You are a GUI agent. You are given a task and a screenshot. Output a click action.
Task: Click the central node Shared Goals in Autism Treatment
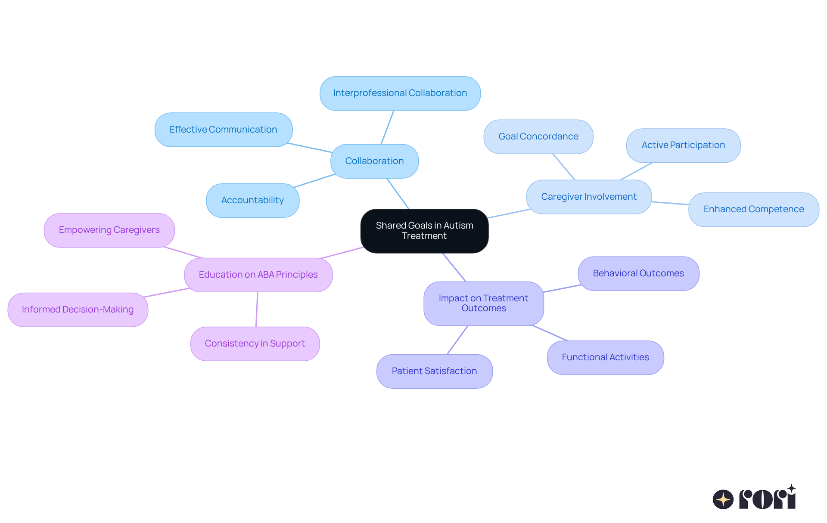tap(424, 231)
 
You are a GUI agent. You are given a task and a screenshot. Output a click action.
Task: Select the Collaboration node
tap(374, 161)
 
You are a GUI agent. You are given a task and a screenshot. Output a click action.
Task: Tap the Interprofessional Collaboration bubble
tap(400, 93)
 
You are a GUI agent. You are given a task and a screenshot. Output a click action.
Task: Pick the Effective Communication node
tap(223, 130)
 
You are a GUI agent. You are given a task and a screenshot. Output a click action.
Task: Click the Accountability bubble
tap(252, 200)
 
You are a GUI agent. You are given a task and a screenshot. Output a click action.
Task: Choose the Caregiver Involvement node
tap(588, 197)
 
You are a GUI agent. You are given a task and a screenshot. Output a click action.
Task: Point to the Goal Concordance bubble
tap(538, 136)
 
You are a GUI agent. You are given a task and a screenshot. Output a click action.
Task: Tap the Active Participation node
tap(683, 145)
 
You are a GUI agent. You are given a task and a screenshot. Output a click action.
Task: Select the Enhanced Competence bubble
tap(753, 209)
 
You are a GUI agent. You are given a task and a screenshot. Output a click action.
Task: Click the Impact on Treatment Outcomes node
tap(483, 303)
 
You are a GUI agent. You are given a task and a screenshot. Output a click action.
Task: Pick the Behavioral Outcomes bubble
tap(638, 273)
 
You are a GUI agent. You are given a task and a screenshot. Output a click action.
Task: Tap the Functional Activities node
tap(605, 357)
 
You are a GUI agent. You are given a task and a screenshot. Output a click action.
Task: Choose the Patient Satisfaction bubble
tap(434, 371)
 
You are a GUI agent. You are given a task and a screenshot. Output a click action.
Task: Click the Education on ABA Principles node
tap(258, 275)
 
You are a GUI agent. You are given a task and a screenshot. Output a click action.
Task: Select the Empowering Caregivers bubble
tap(109, 230)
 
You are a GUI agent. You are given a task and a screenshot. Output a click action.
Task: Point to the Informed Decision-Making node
tap(78, 309)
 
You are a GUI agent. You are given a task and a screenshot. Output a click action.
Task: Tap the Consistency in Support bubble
tap(255, 344)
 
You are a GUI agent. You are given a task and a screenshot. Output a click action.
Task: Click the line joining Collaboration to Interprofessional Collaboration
tap(387, 127)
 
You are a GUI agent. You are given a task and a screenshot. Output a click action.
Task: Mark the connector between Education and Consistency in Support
tap(257, 309)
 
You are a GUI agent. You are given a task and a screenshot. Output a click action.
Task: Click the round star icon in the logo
tap(723, 499)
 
